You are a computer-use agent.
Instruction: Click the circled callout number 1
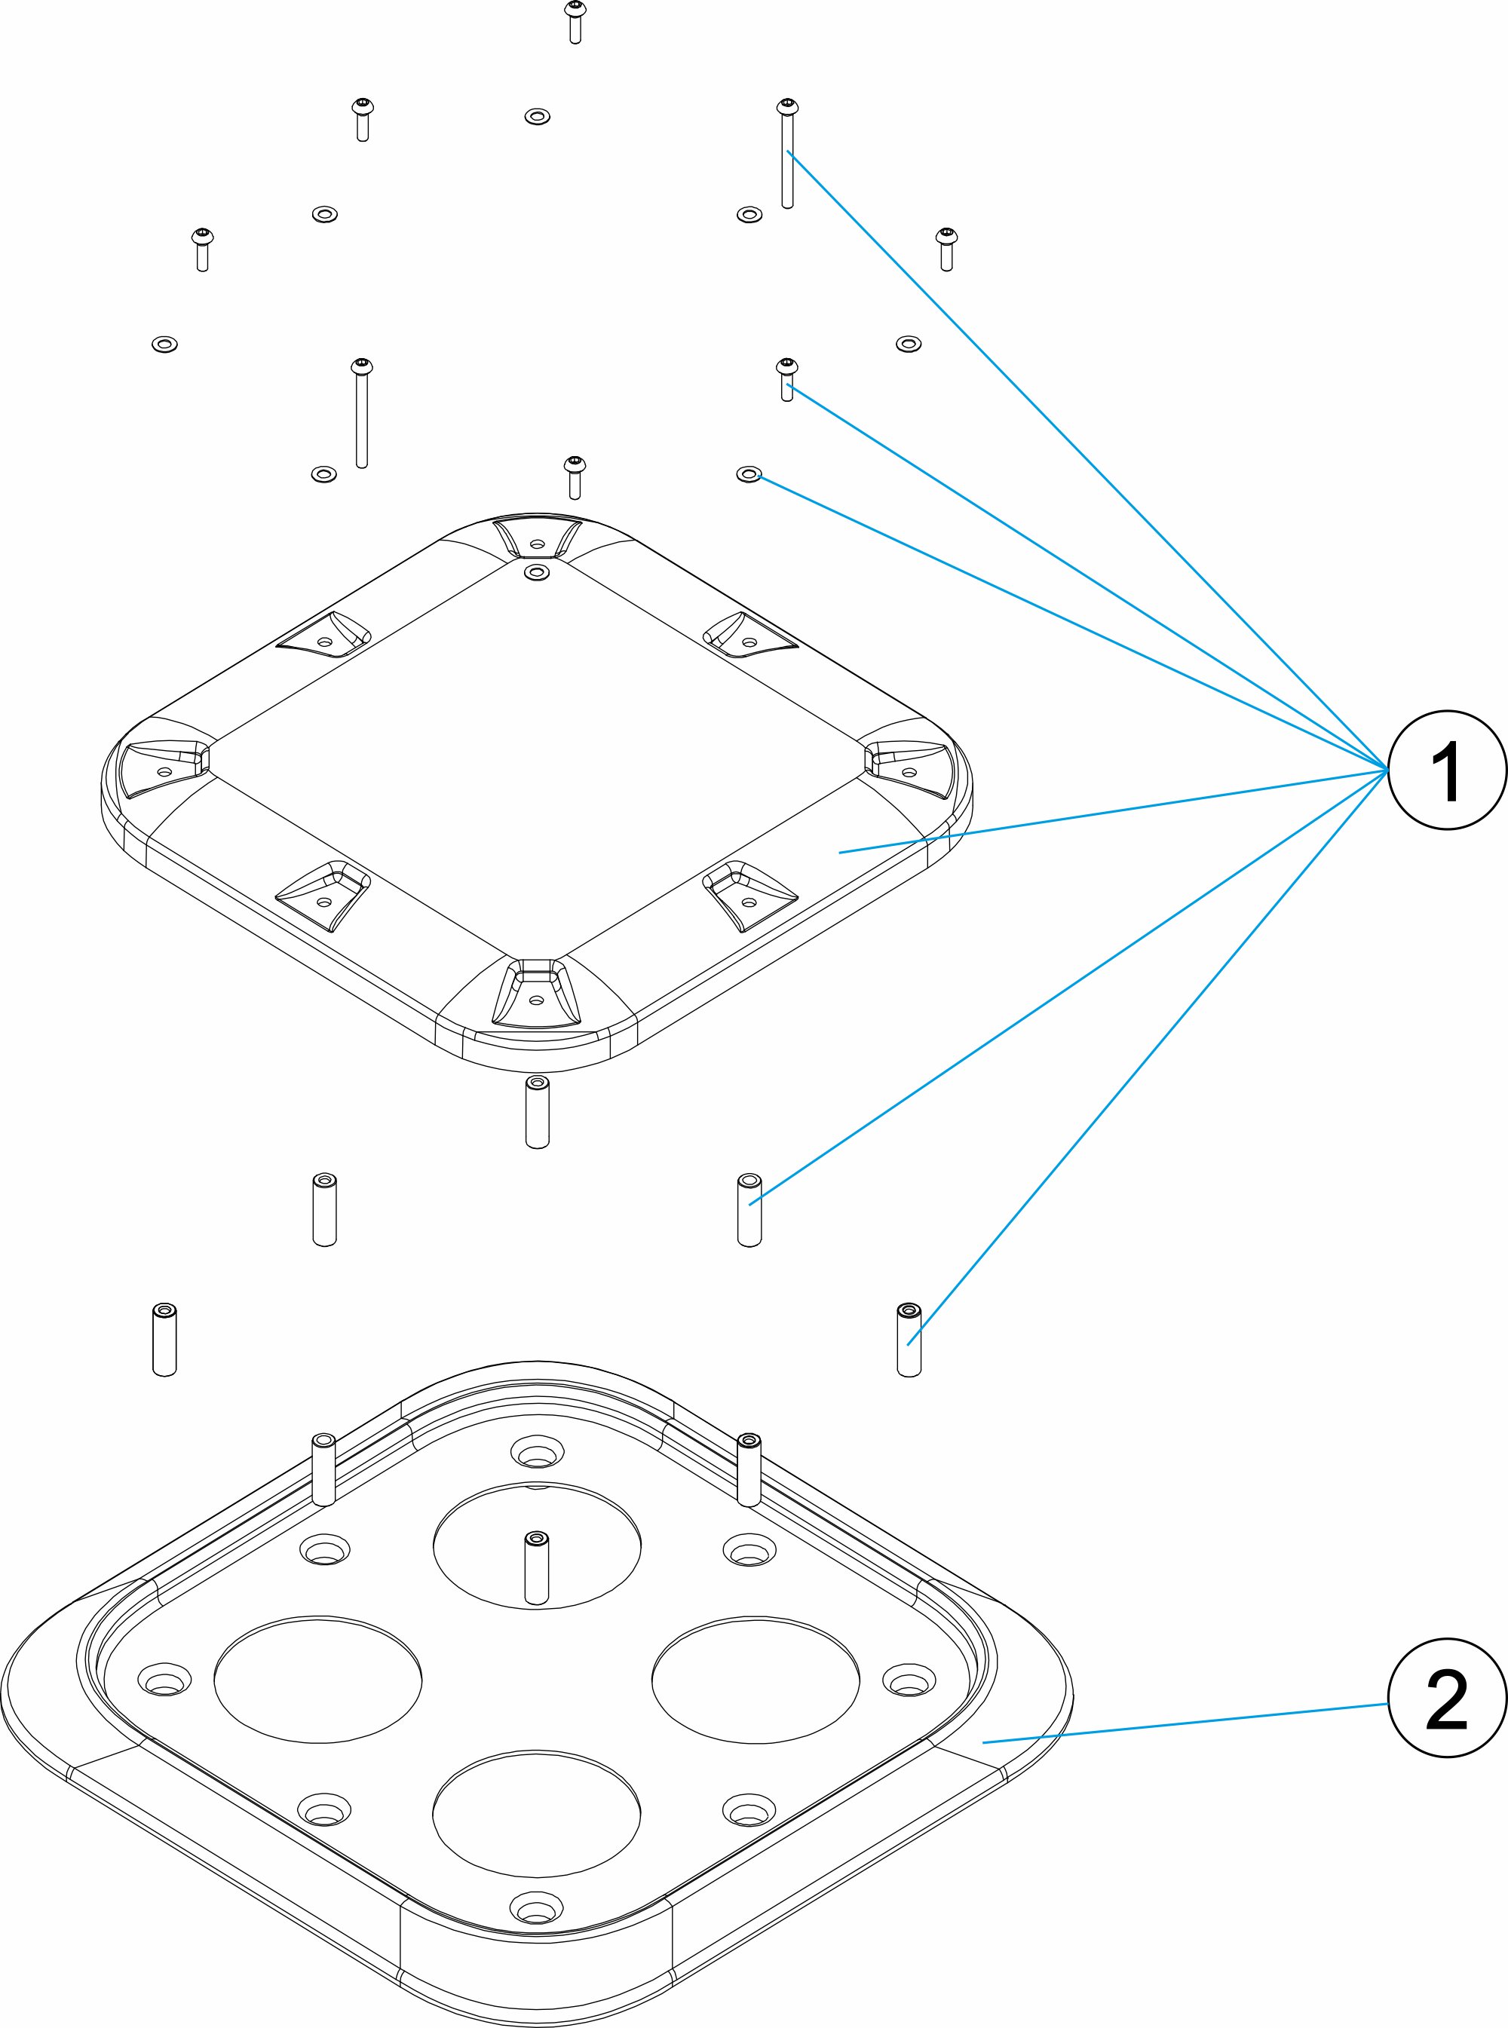[1447, 770]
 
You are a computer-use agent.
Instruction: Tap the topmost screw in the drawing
[575, 22]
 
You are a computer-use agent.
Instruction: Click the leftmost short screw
[202, 250]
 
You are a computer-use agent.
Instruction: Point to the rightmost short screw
[946, 250]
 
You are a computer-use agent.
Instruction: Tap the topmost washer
[537, 117]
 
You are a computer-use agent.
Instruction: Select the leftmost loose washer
[164, 344]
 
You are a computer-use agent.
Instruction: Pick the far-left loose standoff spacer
[164, 1340]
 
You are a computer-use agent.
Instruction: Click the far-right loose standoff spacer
[909, 1340]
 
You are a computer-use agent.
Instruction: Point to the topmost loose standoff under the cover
[537, 1112]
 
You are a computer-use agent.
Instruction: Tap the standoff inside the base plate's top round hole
[536, 1567]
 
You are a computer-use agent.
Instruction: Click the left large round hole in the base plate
[317, 1680]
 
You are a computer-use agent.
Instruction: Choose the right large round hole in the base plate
[756, 1680]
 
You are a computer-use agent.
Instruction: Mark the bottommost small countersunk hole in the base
[537, 1906]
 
